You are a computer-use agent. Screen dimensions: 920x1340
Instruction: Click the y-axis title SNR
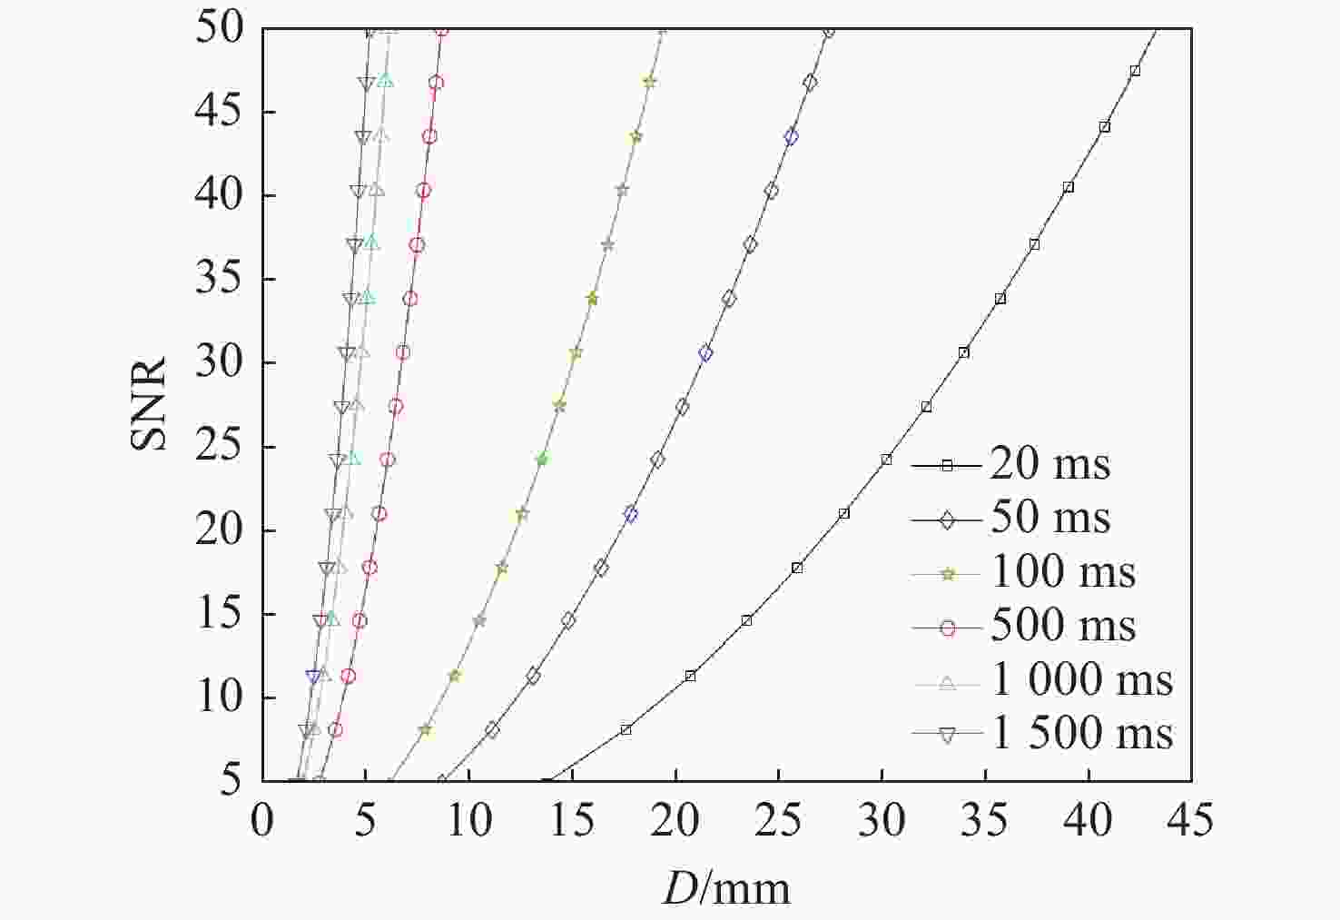click(x=149, y=404)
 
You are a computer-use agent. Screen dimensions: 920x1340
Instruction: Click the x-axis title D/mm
click(x=726, y=888)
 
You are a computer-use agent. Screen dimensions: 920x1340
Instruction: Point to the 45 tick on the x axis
click(x=1190, y=820)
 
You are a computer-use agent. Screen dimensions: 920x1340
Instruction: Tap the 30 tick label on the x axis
click(x=882, y=820)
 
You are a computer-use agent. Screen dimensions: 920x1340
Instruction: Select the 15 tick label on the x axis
click(x=572, y=820)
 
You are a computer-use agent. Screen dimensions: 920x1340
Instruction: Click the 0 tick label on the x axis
click(x=262, y=820)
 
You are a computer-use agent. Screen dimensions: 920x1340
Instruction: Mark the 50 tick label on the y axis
click(x=219, y=29)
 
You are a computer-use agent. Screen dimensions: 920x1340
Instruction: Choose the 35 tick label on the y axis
click(x=219, y=280)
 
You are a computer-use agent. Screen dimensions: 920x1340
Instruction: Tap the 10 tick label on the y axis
click(x=219, y=697)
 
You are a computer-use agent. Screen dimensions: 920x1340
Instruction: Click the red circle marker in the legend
click(x=947, y=627)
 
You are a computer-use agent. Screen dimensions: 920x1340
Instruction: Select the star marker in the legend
click(x=947, y=573)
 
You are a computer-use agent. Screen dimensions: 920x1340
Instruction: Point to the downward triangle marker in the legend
click(x=947, y=735)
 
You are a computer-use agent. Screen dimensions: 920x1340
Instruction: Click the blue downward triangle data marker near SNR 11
click(x=314, y=677)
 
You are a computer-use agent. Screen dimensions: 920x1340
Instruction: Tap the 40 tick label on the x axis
click(x=1088, y=820)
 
